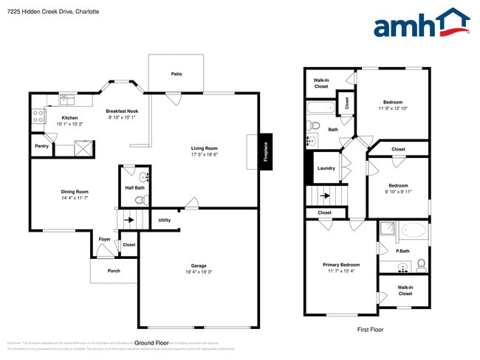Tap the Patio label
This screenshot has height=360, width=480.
(176, 74)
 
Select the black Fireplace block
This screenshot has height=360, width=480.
(266, 151)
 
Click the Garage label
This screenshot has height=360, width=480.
(199, 266)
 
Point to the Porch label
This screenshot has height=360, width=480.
(113, 271)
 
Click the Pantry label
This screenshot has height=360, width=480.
(41, 146)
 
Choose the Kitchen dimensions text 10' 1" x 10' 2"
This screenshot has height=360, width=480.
(70, 124)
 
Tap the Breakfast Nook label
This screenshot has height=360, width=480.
(123, 111)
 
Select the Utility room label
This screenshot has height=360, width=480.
(164, 220)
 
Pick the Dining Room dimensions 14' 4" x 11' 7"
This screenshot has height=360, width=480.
(75, 198)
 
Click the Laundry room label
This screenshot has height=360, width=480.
(326, 168)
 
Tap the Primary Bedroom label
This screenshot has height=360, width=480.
(341, 264)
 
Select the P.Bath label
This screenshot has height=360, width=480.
(402, 249)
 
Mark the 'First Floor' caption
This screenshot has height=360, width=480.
(370, 329)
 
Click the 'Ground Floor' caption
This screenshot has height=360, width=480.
(152, 342)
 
